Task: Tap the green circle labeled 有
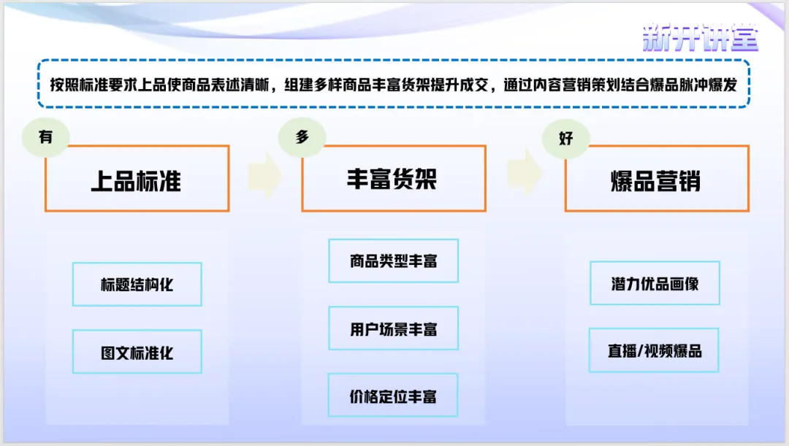45,136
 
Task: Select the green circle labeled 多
302,137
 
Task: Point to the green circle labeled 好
566,137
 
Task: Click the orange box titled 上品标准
137,180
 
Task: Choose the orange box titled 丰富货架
393,180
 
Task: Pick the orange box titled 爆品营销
656,180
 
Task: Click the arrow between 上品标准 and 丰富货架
264,175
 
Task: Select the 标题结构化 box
137,284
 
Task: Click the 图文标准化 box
137,352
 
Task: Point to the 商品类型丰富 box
393,261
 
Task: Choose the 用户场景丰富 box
393,328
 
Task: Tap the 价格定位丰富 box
393,396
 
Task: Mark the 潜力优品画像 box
655,283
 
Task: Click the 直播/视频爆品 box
654,350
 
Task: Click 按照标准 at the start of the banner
80,84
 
